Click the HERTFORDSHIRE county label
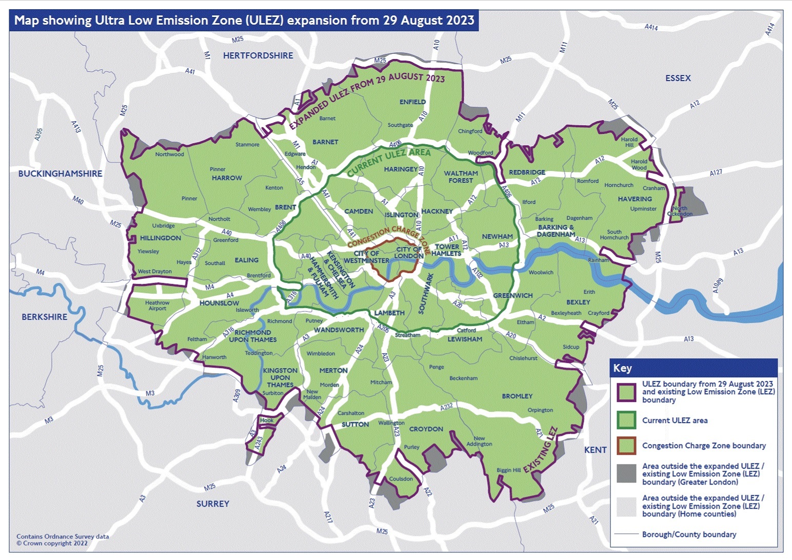click(258, 55)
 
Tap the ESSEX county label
click(678, 78)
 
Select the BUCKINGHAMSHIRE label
click(60, 173)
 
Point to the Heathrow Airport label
click(157, 305)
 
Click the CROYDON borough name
click(426, 429)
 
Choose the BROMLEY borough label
click(517, 396)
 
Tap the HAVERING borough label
click(635, 199)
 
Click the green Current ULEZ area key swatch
click(626, 420)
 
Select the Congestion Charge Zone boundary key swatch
click(626, 446)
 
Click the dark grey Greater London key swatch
click(626, 473)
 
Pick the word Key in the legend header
click(622, 368)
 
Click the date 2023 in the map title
click(457, 21)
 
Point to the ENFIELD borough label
click(412, 102)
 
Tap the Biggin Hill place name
click(508, 470)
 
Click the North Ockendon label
click(680, 211)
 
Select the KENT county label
click(595, 450)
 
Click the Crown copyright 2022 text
click(52, 543)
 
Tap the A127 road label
click(716, 173)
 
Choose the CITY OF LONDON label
click(409, 253)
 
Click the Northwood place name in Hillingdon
click(169, 154)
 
